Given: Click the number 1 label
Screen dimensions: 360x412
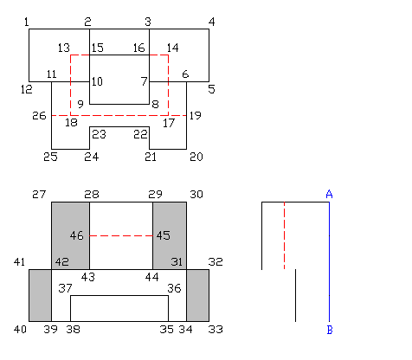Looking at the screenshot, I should (27, 21).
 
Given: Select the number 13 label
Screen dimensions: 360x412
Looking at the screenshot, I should (63, 47).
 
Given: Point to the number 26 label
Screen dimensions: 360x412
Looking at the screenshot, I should (39, 115).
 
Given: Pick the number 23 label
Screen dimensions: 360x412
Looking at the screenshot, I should (99, 133).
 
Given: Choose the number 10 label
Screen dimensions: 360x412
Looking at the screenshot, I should (97, 81).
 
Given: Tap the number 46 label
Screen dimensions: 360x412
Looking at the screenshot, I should (77, 235).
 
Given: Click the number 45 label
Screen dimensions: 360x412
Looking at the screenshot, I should (163, 235).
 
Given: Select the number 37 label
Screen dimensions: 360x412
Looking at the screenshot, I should (64, 287).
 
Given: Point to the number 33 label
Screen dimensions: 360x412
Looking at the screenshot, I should (216, 329).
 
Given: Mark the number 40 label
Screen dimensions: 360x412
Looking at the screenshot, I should (21, 329).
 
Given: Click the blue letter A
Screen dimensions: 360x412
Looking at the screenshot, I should (329, 194).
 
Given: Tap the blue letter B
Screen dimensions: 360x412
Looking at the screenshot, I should (329, 330).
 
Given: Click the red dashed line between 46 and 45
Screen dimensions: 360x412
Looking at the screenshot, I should (121, 235).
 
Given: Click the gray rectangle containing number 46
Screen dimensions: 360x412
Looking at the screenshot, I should (70, 216).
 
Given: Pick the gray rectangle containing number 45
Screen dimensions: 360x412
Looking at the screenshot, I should (170, 216).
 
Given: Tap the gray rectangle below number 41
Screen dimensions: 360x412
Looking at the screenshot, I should (40, 295).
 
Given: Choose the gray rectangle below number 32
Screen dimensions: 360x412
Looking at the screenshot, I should (197, 295).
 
